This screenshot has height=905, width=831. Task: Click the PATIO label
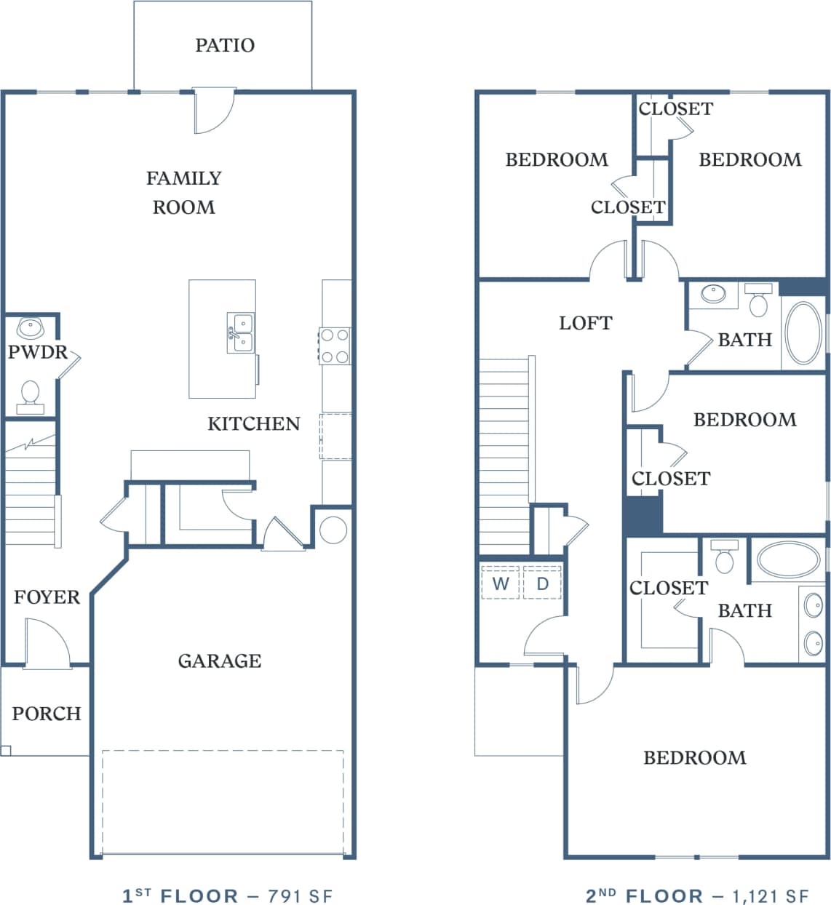tap(225, 45)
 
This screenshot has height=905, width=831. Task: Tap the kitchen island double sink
tap(240, 333)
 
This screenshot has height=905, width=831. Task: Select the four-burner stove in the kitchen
tap(335, 346)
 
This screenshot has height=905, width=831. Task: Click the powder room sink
tap(31, 328)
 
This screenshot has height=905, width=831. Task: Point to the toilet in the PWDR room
tap(31, 394)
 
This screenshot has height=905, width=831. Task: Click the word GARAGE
tap(220, 661)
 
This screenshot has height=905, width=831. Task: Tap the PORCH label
tap(46, 713)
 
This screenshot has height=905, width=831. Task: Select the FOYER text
tap(47, 597)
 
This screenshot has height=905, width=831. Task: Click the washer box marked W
tap(501, 583)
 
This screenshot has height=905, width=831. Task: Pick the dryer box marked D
tap(542, 583)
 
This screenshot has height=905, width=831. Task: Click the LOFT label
tap(585, 322)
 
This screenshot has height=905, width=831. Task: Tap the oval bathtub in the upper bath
tap(803, 333)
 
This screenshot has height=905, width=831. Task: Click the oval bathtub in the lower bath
tap(788, 559)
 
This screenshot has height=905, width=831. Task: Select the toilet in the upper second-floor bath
tap(758, 303)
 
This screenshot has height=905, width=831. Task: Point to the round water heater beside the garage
tap(333, 530)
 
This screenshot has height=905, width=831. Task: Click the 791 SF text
tap(300, 896)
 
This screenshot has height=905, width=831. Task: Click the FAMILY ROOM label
tap(183, 193)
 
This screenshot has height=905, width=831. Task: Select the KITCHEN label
tap(253, 423)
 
